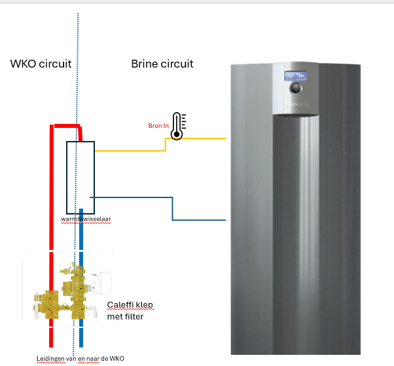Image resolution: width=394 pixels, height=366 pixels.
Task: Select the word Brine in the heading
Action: [x=145, y=64]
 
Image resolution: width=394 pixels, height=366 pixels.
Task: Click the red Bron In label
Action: [x=158, y=125]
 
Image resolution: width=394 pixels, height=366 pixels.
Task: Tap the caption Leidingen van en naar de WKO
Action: [x=80, y=358]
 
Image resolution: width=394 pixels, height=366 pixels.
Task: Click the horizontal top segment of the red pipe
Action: [x=66, y=125]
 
